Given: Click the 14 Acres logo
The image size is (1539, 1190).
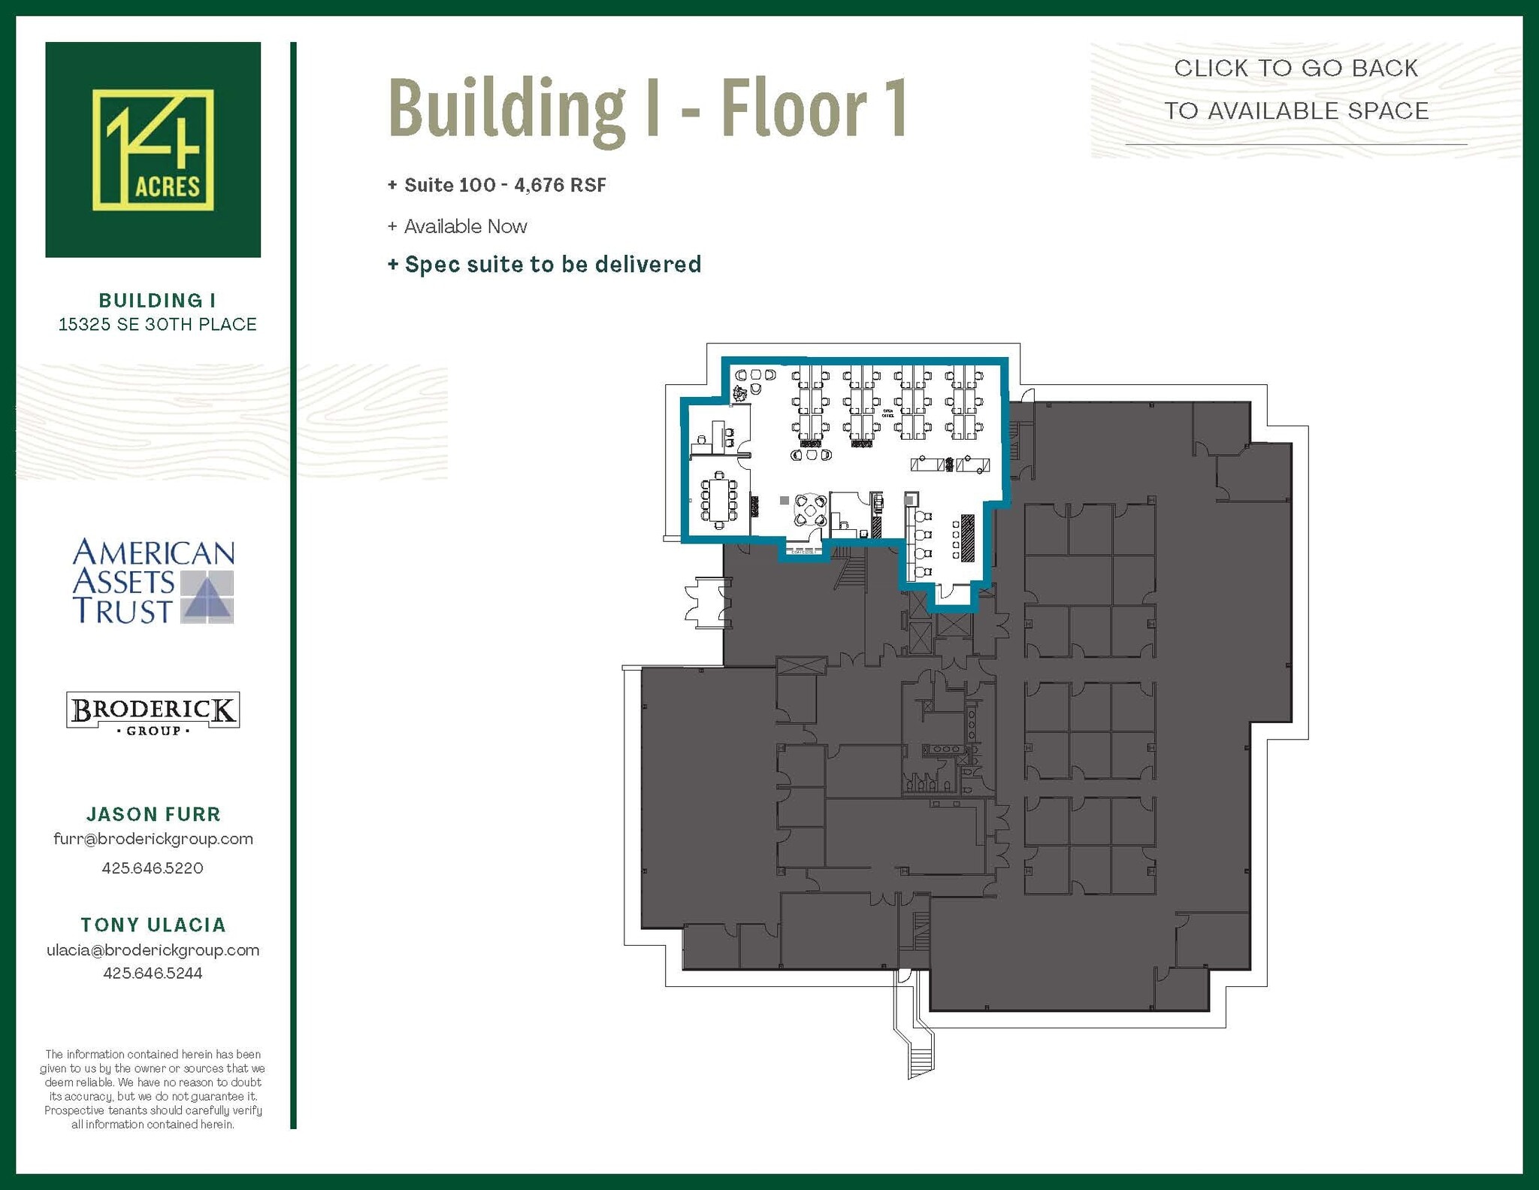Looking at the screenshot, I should coord(153,150).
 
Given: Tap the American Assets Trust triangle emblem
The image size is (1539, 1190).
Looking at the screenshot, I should coord(208,598).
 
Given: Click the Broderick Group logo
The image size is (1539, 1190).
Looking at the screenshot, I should coord(153,711).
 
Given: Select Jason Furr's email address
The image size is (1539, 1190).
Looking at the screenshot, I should coord(153,839).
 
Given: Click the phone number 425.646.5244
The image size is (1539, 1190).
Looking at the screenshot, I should coord(153,973).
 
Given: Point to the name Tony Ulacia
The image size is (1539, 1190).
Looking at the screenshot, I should coord(153,925).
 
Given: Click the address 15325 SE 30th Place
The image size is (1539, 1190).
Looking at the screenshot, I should coord(158,324).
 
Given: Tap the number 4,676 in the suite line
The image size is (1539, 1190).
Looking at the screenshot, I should coord(539,185).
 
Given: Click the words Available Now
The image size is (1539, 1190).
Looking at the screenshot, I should coord(465,226).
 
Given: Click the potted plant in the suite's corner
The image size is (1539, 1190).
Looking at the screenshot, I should coord(740,392).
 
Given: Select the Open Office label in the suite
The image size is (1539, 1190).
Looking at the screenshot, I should coord(887,413).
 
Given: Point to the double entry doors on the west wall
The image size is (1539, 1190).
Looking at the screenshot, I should coord(707,602).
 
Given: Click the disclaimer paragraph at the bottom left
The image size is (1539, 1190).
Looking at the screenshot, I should coord(153,1089).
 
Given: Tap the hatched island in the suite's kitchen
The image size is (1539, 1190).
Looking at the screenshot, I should coord(967,537).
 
